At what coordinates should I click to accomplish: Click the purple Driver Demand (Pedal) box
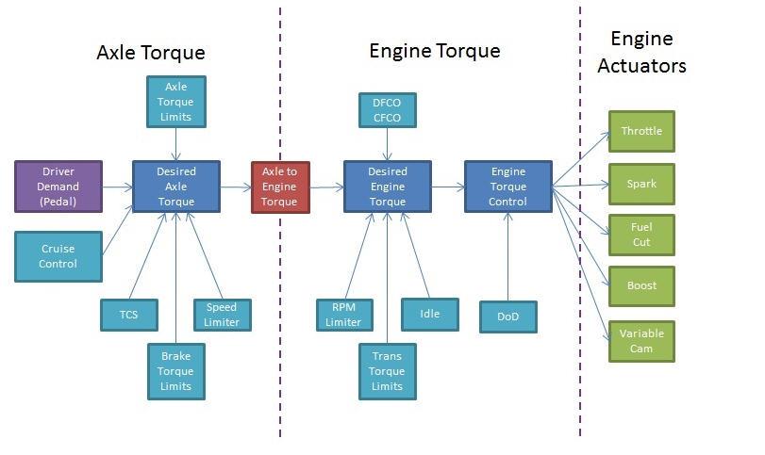click(58, 187)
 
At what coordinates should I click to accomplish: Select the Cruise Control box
click(58, 256)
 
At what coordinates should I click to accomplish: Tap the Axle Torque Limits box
click(175, 102)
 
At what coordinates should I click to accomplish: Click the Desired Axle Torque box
click(175, 187)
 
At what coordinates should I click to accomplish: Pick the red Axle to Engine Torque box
click(280, 187)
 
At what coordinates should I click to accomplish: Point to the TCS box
click(129, 315)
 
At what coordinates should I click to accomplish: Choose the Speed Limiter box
click(222, 315)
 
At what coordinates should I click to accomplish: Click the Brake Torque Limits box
click(175, 371)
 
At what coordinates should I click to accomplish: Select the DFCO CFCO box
click(387, 109)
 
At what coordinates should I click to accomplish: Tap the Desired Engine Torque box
click(387, 187)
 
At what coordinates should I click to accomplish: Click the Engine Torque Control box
click(508, 187)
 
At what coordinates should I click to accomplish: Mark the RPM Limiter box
click(343, 315)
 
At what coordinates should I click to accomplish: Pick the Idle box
click(428, 314)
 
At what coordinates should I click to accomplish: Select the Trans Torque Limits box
click(387, 371)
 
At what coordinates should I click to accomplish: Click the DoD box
click(508, 317)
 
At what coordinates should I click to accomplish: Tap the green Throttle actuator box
click(641, 131)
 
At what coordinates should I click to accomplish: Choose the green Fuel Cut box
click(641, 235)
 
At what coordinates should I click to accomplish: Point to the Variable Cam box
click(641, 341)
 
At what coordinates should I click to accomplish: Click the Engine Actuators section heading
click(641, 52)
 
